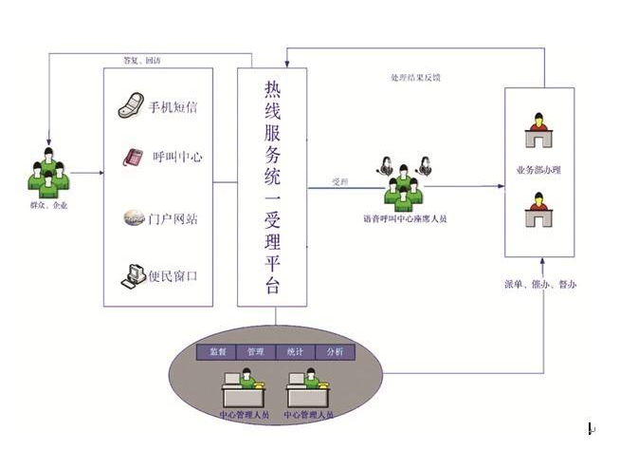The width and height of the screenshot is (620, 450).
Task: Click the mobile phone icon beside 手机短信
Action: (131, 106)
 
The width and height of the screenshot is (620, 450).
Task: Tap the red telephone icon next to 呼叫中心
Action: (132, 157)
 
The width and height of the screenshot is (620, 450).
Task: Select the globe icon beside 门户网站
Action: (132, 218)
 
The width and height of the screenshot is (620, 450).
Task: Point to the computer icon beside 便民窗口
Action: (132, 277)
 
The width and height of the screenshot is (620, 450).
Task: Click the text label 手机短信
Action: (173, 108)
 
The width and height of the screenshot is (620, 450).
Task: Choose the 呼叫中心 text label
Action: (177, 158)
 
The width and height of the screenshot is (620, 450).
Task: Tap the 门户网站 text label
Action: (173, 218)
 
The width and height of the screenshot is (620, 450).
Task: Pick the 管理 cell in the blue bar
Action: (255, 352)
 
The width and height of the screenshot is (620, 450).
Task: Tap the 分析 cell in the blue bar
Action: (334, 352)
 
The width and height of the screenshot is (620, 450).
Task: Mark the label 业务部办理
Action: (538, 172)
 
